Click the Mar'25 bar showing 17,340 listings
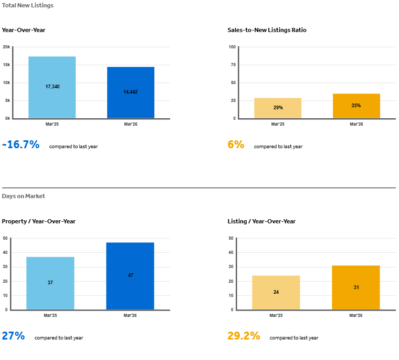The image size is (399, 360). pos(52,87)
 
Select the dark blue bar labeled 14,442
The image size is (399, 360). pos(131,92)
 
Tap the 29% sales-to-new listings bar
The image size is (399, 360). pos(278,108)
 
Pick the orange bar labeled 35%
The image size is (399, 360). pos(356,106)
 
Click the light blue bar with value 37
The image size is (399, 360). pos(50,283)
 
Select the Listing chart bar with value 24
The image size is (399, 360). pos(276,292)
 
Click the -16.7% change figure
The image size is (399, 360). pos(21,145)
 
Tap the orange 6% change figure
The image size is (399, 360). pos(236,145)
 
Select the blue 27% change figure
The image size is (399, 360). pos(13,336)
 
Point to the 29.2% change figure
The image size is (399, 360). pos(244,336)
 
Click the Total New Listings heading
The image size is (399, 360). pos(27,5)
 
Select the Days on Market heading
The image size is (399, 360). pos(24,196)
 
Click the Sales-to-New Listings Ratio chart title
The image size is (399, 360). pos(267,30)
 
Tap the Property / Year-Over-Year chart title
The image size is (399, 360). pos(39,221)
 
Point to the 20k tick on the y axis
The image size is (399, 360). pos(6,47)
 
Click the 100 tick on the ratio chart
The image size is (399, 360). pos(232,47)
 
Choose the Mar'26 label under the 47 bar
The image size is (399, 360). pos(130,315)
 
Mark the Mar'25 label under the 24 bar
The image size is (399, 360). pos(276,315)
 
